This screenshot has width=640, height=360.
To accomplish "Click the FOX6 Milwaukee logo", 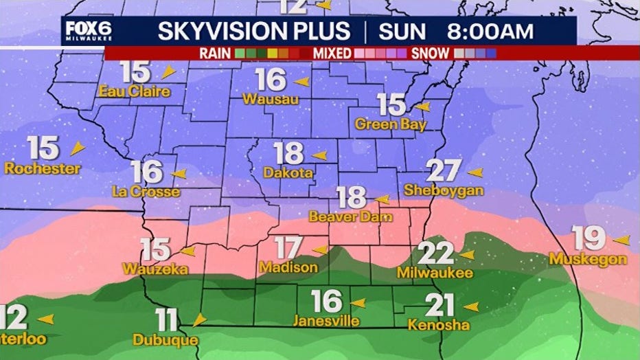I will click(x=88, y=31).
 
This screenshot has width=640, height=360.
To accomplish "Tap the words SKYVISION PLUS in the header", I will click(x=254, y=32).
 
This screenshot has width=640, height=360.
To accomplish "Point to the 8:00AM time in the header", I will click(x=490, y=32).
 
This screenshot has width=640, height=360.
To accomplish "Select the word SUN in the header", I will click(x=402, y=32).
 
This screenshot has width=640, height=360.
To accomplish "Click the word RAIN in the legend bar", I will click(x=215, y=53).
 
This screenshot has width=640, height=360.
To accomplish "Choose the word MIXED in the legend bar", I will click(x=333, y=53).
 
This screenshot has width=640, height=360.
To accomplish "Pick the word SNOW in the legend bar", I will click(x=431, y=53).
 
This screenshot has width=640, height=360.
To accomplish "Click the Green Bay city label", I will click(x=390, y=124).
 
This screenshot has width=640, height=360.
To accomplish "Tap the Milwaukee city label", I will click(x=435, y=273).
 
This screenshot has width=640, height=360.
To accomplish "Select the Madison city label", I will click(x=288, y=267).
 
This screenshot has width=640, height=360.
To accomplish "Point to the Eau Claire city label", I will click(x=134, y=91).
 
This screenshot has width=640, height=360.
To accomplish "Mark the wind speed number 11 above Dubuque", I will click(x=167, y=320).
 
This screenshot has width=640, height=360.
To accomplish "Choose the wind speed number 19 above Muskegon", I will click(x=589, y=239).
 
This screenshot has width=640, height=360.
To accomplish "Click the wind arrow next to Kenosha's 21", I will click(x=471, y=306).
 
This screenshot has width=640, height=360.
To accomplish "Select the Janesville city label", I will click(x=326, y=321).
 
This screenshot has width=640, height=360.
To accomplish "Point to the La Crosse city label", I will click(x=146, y=192).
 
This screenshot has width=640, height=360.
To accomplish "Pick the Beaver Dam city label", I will click(x=350, y=217).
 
